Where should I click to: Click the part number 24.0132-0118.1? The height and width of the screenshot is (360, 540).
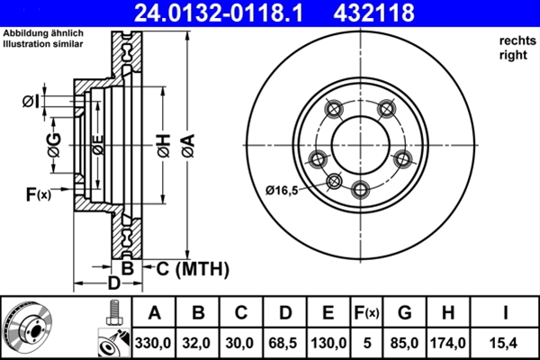[x=209, y=13]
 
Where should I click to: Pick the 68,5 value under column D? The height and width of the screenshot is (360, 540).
[x=285, y=342]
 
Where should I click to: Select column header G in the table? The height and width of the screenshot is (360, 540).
[x=404, y=313]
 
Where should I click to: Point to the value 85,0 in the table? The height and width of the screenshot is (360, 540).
[x=404, y=342]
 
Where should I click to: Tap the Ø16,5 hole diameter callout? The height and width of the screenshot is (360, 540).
[x=285, y=189]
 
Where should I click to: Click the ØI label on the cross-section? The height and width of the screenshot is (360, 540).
[x=31, y=101]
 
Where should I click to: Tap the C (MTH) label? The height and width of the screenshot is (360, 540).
[x=192, y=268]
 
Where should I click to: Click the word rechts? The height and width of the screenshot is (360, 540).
[x=514, y=41]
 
